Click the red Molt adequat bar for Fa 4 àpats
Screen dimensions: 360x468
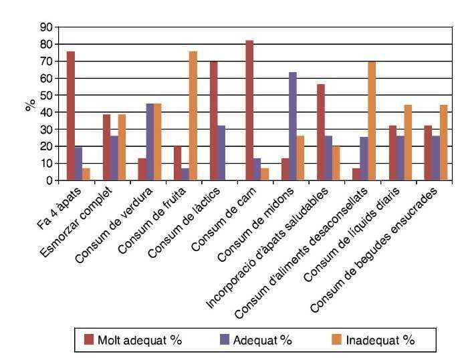[71, 116]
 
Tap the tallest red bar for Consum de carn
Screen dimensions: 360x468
[249, 110]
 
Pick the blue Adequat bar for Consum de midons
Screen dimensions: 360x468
[293, 126]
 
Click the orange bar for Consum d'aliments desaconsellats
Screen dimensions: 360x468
[372, 121]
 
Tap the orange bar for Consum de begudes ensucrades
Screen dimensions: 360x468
[443, 142]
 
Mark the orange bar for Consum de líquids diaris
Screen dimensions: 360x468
[407, 142]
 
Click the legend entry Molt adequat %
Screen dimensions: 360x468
[139, 339]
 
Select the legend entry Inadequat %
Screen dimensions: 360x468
[380, 339]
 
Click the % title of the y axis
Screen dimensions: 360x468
[31, 104]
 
